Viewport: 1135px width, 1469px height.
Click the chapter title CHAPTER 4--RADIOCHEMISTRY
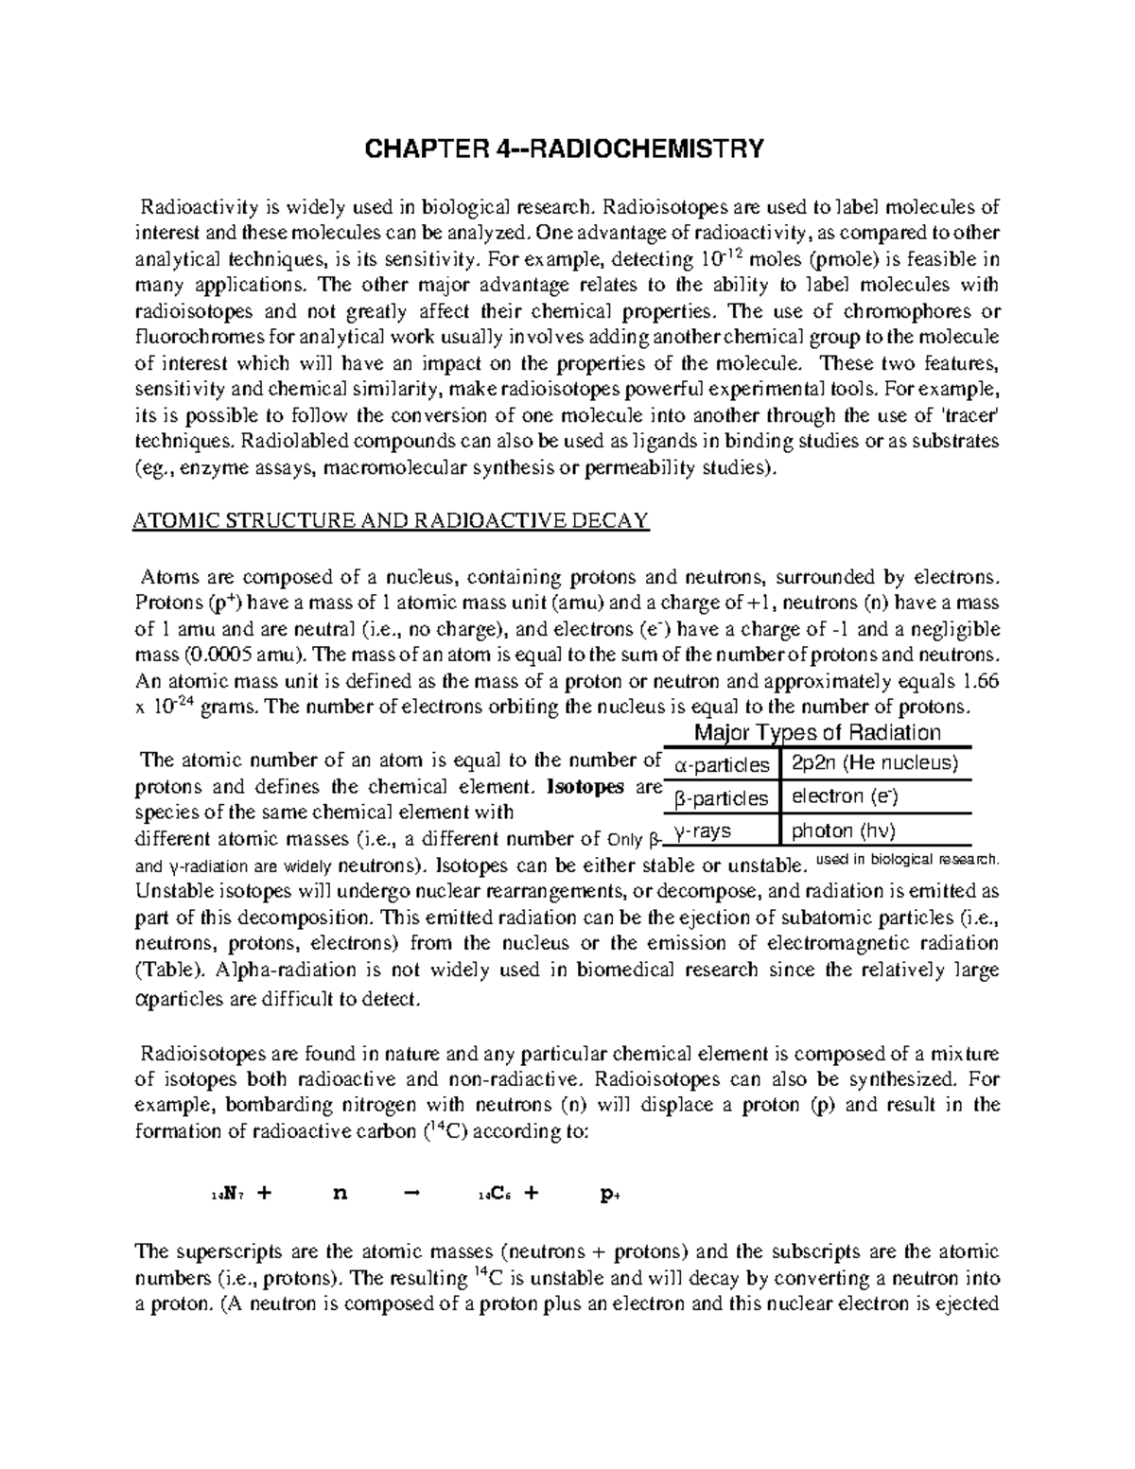[564, 149]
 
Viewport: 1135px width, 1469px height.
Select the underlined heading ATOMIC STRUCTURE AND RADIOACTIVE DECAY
[390, 521]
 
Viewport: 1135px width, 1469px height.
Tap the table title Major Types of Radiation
[817, 732]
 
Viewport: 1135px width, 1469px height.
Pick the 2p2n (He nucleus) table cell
[875, 762]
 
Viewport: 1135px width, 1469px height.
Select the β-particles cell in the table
[722, 798]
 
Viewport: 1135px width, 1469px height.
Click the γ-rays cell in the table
[701, 831]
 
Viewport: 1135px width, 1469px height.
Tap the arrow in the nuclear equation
[410, 1193]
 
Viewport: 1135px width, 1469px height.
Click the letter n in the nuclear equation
[340, 1193]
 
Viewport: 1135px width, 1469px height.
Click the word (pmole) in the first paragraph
[830, 259]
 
